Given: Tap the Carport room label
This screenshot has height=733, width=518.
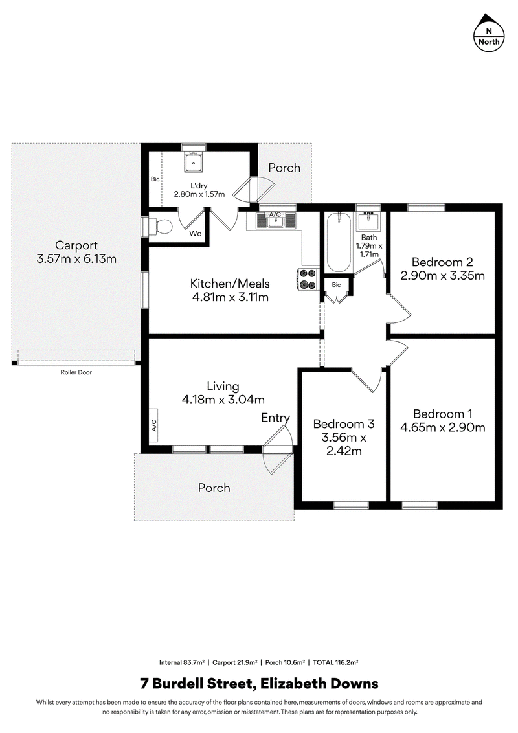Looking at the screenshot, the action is pyautogui.click(x=76, y=245).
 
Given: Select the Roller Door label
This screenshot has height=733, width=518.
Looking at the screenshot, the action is pyautogui.click(x=76, y=372).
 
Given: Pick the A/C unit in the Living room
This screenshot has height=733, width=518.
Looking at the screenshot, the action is pyautogui.click(x=154, y=426).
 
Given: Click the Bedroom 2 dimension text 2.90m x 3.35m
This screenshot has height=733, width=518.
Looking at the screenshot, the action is pyautogui.click(x=442, y=275).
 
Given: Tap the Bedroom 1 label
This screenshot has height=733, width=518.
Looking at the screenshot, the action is pyautogui.click(x=442, y=414).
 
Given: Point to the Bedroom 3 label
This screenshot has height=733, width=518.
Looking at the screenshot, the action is pyautogui.click(x=344, y=424).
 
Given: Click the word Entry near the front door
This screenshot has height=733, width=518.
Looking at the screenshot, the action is pyautogui.click(x=275, y=418).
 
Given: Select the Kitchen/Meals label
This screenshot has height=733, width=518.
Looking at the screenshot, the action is pyautogui.click(x=230, y=283).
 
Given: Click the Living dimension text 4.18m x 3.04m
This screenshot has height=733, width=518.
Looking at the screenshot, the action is pyautogui.click(x=223, y=400).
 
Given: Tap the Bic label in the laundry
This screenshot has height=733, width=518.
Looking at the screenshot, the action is pyautogui.click(x=155, y=179).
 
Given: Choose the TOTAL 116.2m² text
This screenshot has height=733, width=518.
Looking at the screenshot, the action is pyautogui.click(x=335, y=662).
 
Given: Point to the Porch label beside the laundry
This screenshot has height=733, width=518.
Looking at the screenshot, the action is pyautogui.click(x=284, y=167).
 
